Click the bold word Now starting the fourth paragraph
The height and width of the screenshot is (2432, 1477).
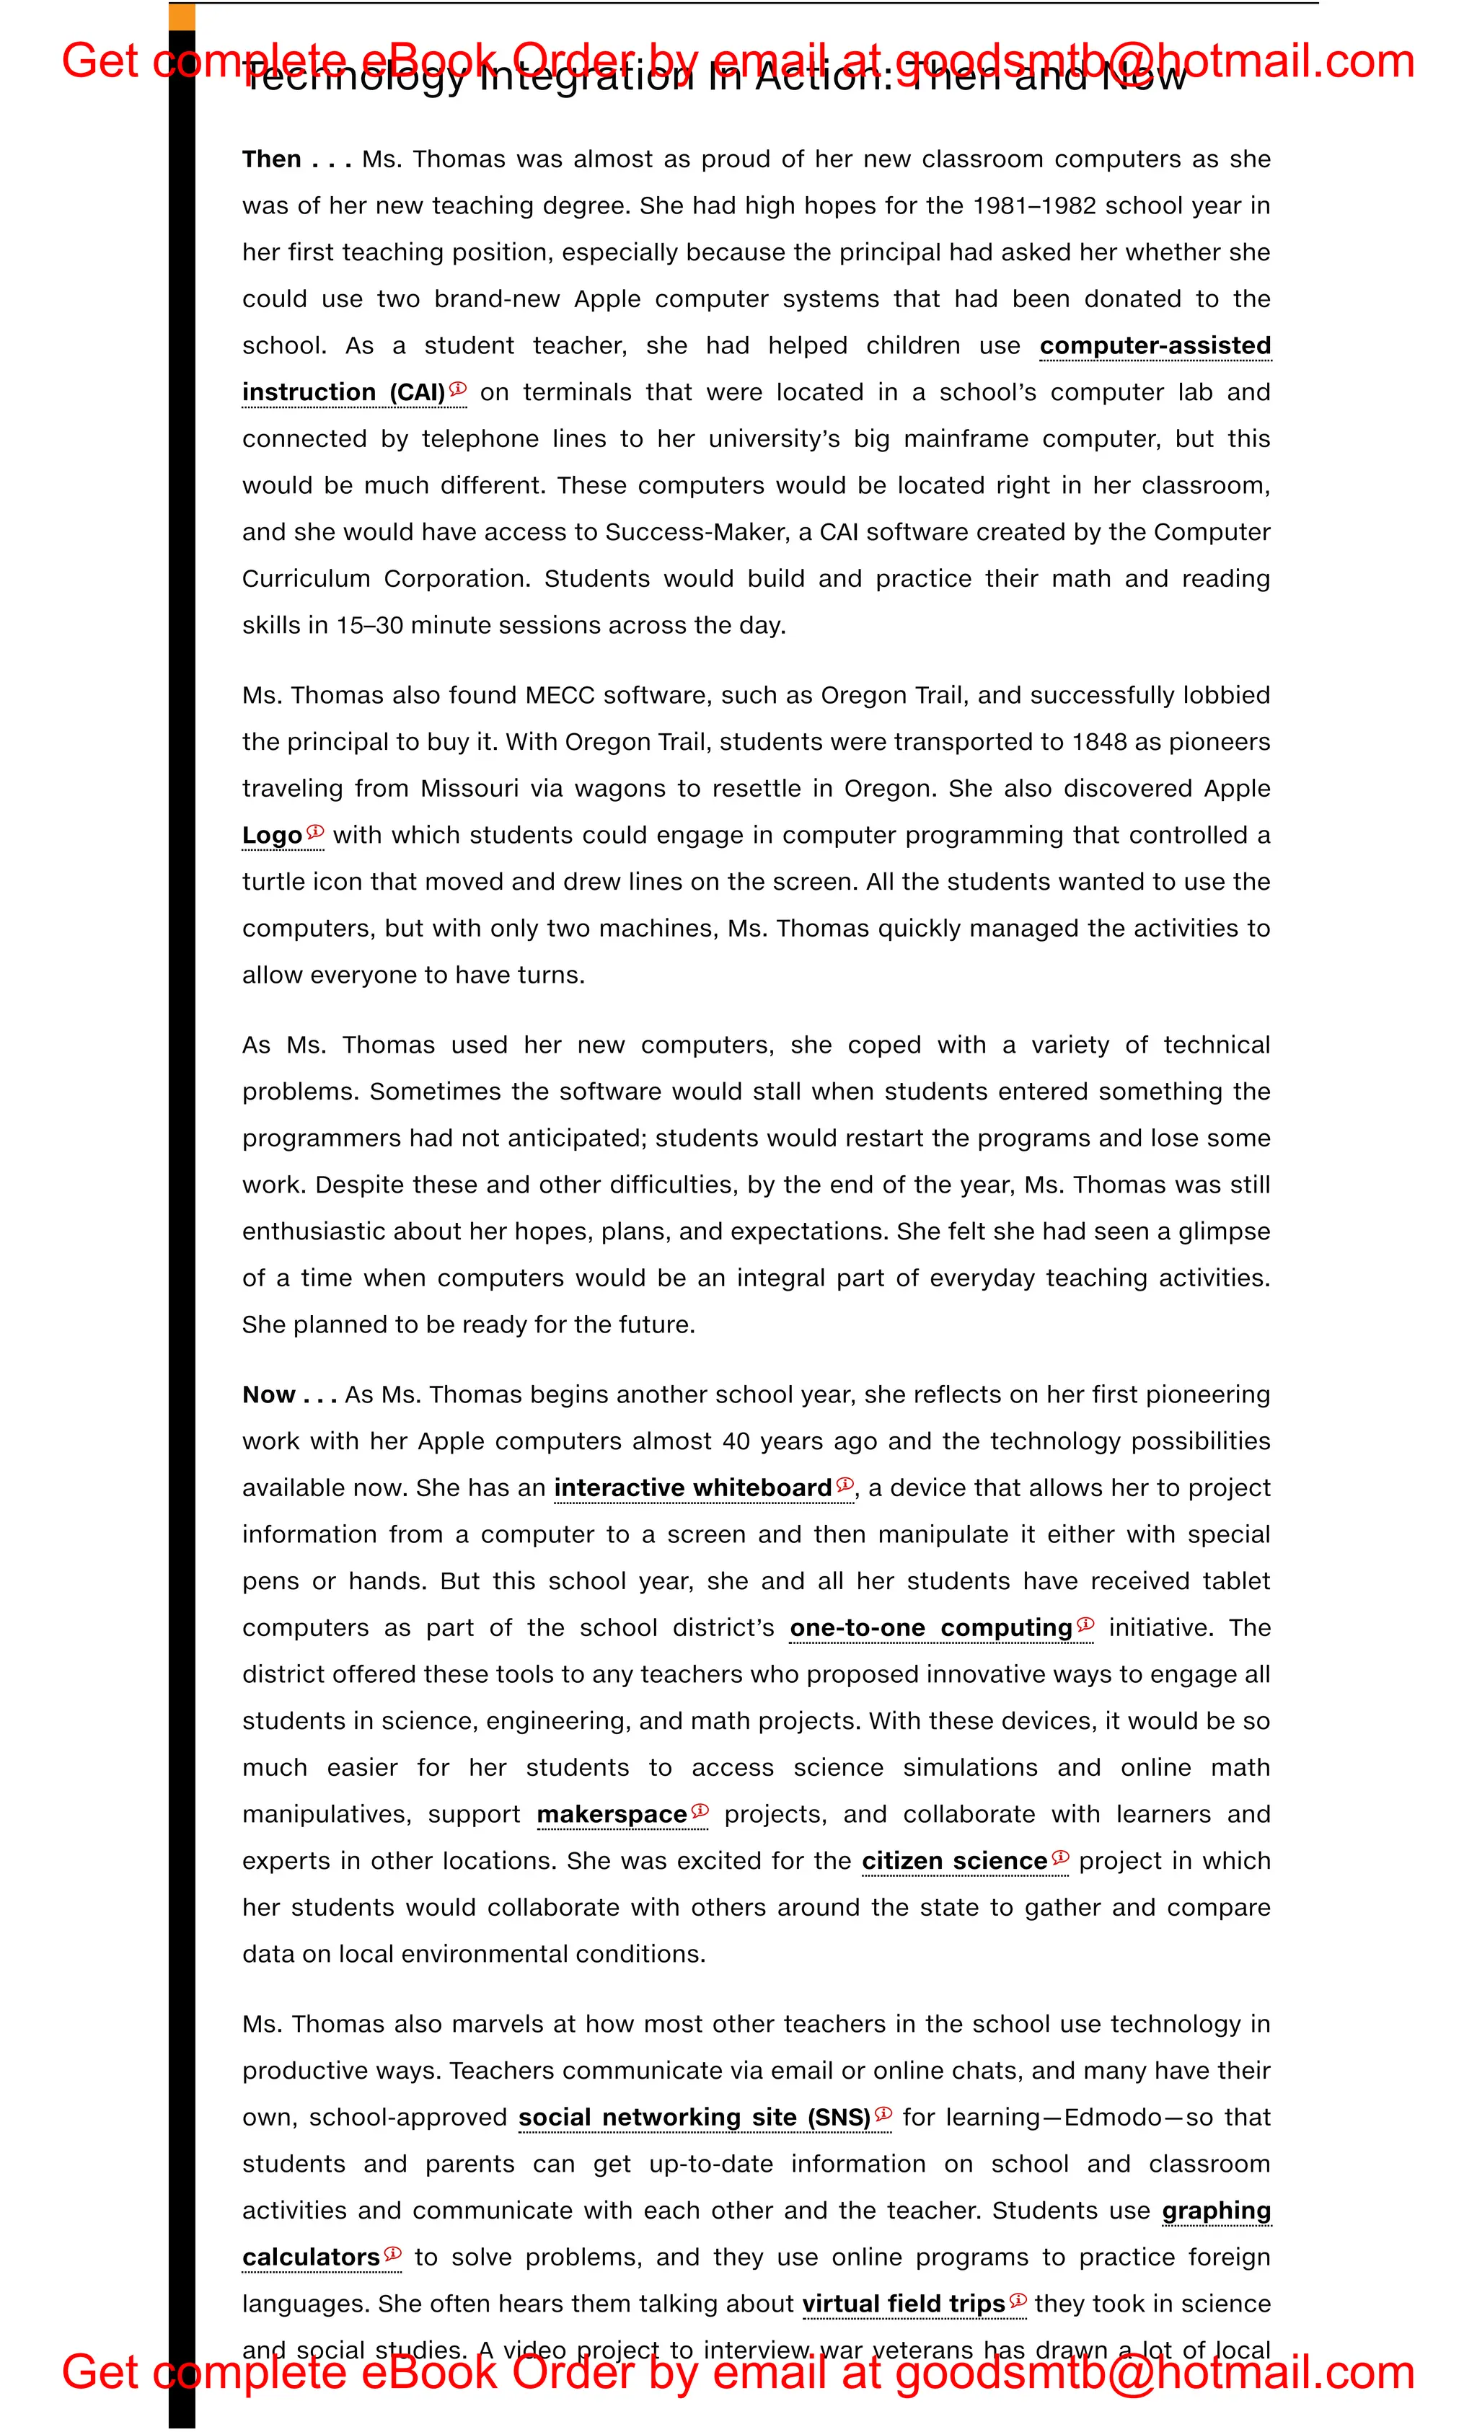coord(268,1394)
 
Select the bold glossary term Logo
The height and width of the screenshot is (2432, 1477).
coord(271,836)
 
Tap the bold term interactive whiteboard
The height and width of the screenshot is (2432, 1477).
coord(692,1488)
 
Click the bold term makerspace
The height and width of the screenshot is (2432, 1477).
coord(611,1814)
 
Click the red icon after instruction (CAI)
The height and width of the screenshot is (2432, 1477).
coord(458,389)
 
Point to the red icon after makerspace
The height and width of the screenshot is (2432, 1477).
coord(700,1810)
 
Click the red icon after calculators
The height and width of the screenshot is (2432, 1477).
coord(392,2253)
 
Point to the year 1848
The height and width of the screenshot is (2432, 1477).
coord(1099,742)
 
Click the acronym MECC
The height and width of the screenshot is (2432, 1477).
coord(560,696)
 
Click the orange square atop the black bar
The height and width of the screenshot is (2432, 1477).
coord(182,17)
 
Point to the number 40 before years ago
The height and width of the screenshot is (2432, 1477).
coord(736,1441)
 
